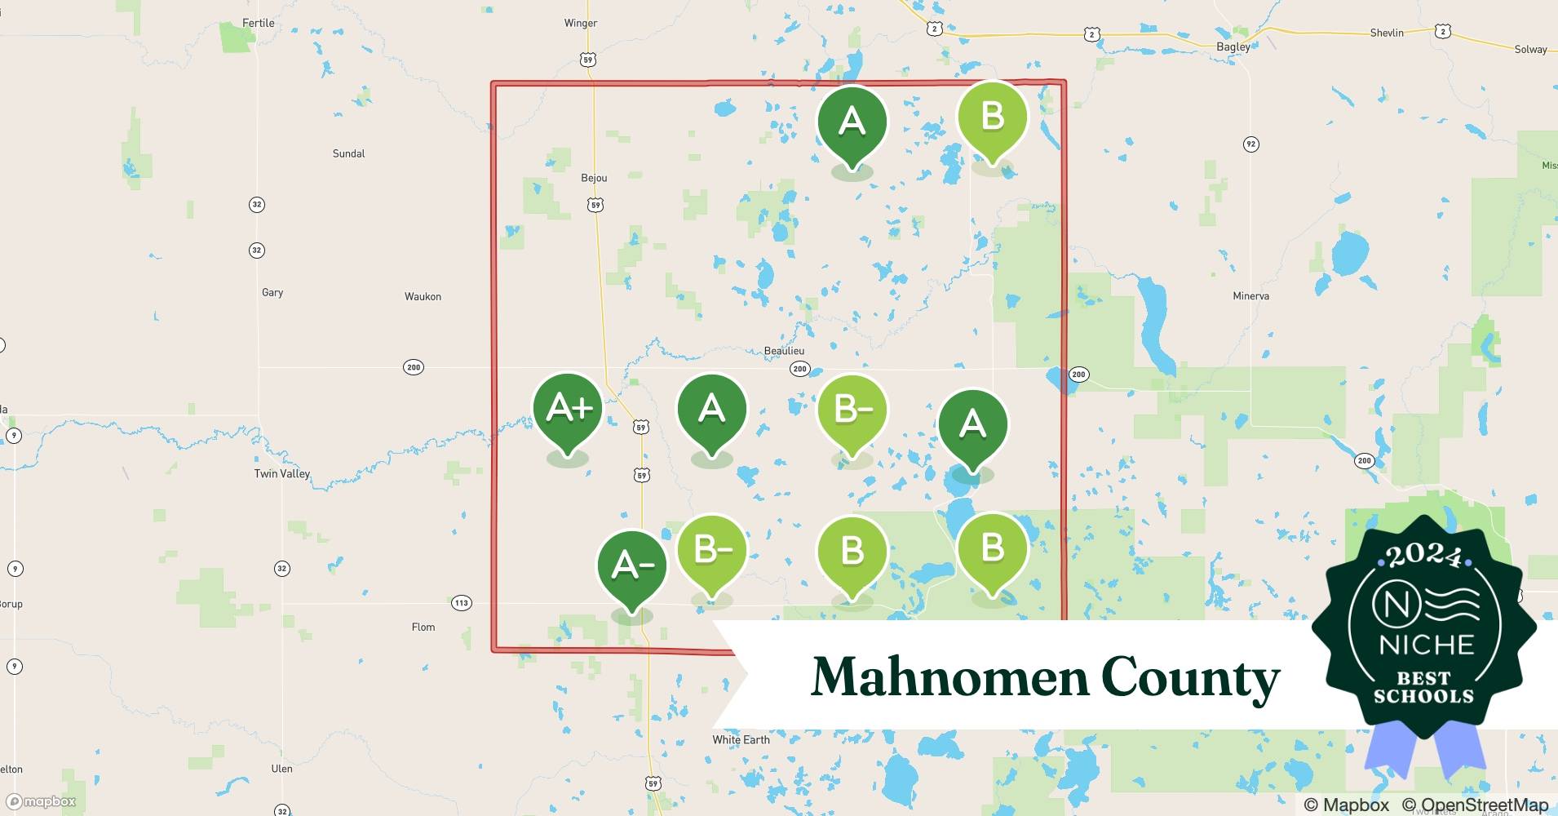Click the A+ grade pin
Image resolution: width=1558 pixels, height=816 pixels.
click(x=568, y=408)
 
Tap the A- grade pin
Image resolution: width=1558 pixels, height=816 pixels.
click(x=632, y=565)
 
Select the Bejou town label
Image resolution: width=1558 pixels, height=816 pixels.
click(x=594, y=178)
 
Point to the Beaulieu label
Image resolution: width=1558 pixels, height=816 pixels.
click(x=784, y=351)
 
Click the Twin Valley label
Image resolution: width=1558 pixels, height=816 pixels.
click(x=282, y=473)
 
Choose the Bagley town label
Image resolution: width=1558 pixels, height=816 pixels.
click(x=1233, y=47)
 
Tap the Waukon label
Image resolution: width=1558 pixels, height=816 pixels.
click(x=423, y=296)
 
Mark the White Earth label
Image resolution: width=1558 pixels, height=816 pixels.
click(x=741, y=739)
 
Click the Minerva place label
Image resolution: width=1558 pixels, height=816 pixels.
click(x=1250, y=296)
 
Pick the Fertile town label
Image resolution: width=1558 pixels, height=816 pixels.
click(x=258, y=23)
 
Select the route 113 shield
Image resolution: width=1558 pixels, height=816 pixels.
click(x=462, y=603)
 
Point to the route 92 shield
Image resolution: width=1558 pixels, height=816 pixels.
click(x=1250, y=144)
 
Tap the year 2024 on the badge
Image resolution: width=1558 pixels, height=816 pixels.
click(x=1423, y=557)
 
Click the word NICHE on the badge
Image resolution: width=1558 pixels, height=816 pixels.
click(x=1426, y=645)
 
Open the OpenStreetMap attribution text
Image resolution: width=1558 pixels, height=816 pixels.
click(x=1474, y=805)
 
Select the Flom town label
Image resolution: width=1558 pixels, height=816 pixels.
click(x=423, y=627)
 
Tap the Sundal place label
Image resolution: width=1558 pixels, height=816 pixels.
click(x=348, y=153)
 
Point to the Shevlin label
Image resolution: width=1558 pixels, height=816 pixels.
click(x=1387, y=33)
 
